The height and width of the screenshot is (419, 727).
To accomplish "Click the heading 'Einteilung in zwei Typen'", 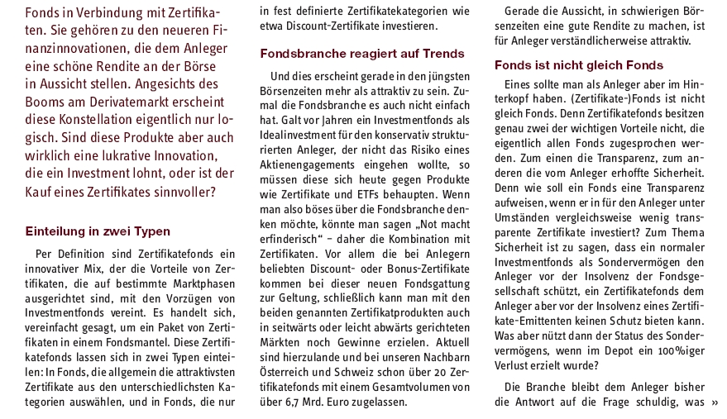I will [98, 231].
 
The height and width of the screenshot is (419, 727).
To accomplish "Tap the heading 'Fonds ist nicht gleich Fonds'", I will [579, 65].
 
